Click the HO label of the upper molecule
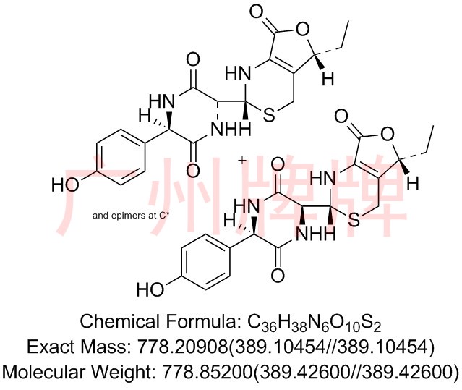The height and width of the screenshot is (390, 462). (65, 185)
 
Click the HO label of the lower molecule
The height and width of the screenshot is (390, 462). (150, 289)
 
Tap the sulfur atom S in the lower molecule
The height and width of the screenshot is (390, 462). (354, 220)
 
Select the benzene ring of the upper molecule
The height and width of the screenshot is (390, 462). (121, 157)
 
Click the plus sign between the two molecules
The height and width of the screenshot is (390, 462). (242, 161)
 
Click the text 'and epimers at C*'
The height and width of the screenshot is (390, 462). (131, 216)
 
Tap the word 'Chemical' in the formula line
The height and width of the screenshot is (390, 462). (119, 321)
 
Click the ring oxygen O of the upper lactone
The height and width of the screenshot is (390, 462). (302, 30)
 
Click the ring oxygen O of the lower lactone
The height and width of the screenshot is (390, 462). (387, 135)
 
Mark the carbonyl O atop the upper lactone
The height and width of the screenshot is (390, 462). (257, 13)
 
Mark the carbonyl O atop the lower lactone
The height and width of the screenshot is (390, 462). (341, 116)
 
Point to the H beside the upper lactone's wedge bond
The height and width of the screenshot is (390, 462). (328, 79)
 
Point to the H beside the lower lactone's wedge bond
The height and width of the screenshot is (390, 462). (413, 183)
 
